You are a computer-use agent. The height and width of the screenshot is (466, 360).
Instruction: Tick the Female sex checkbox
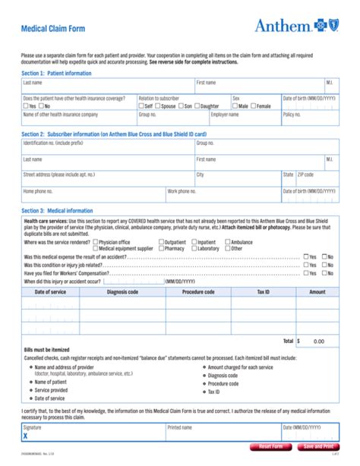(x=254, y=106)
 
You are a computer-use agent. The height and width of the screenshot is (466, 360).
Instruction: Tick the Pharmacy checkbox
(x=161, y=248)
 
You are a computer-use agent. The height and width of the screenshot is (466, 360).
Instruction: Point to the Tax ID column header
(x=284, y=291)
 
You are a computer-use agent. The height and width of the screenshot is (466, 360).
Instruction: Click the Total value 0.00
(x=318, y=342)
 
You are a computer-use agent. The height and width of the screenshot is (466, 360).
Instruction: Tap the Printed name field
(x=223, y=435)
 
